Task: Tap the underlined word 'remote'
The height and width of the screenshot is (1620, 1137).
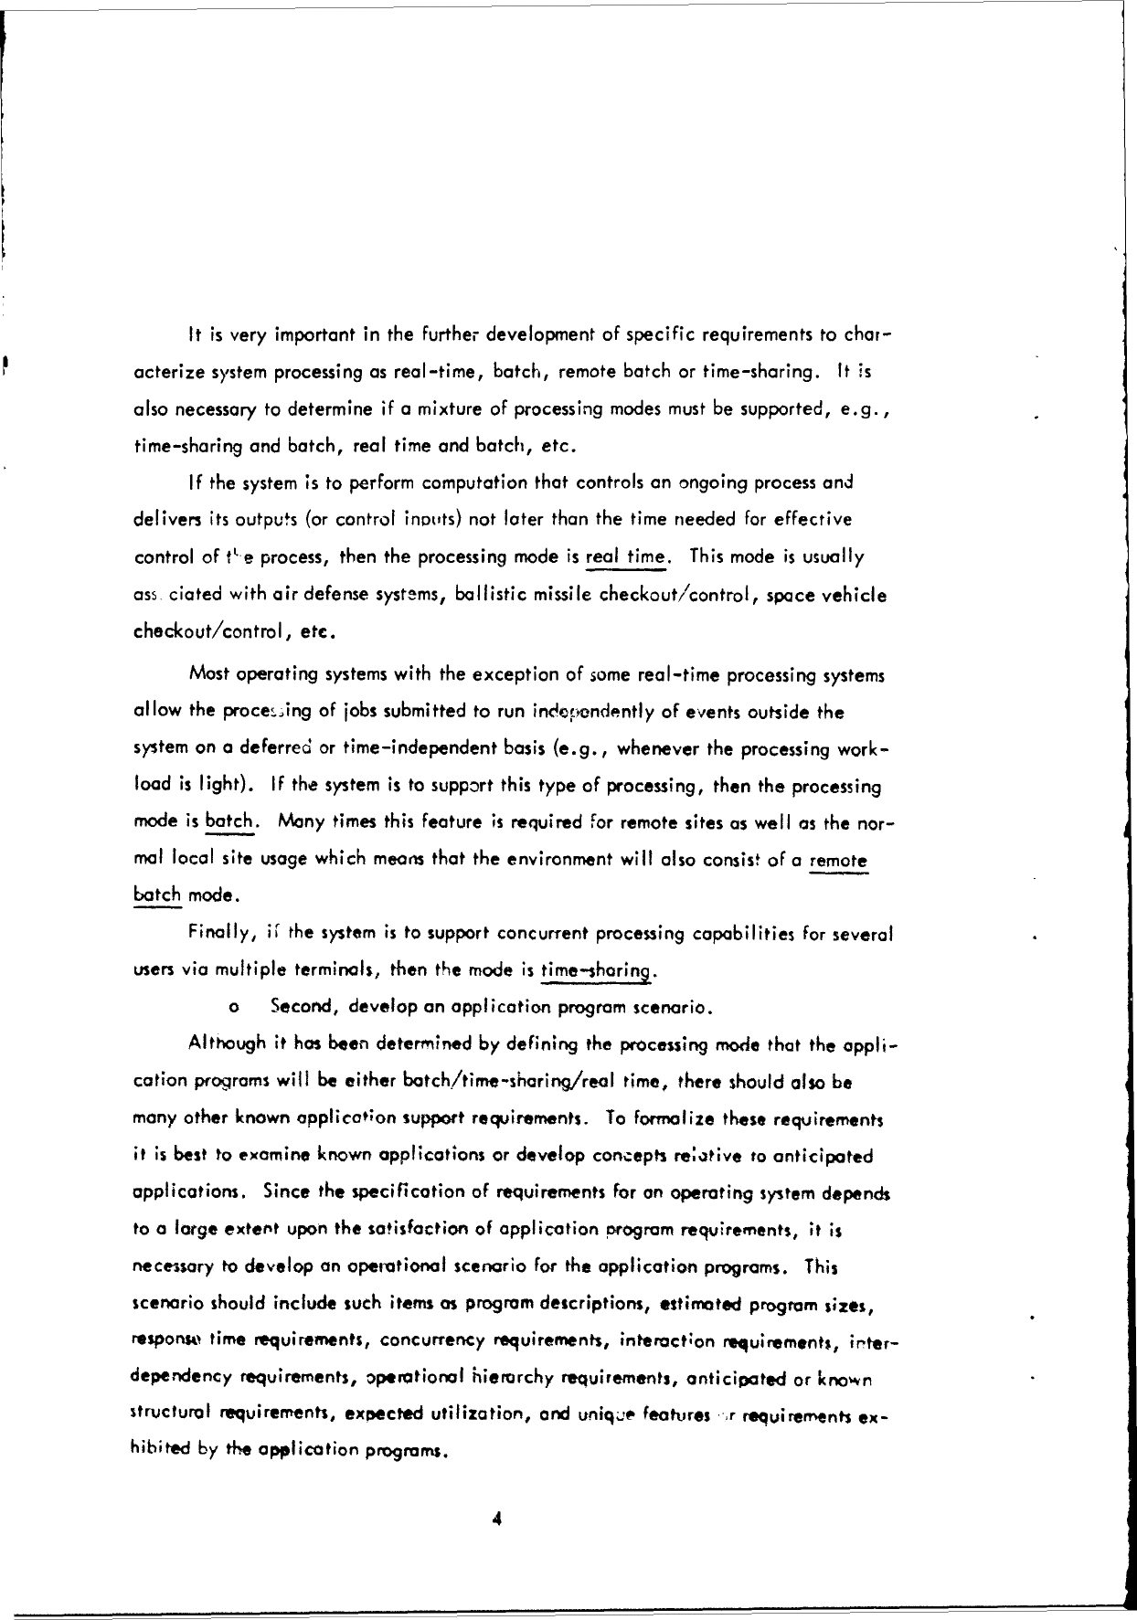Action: click(838, 861)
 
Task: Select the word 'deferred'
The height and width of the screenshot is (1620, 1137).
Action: click(270, 748)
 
